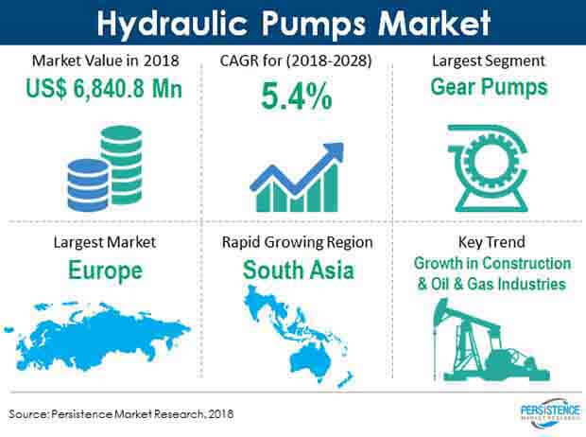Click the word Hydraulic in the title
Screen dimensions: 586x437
(172, 24)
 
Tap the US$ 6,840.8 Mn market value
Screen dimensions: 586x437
(104, 89)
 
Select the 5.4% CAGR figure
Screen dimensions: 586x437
(297, 96)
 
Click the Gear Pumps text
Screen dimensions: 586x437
(489, 87)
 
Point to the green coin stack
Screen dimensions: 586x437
(122, 165)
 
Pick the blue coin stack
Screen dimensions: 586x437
(88, 184)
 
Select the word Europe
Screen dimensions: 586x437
(106, 271)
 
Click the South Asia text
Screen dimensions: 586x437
(299, 271)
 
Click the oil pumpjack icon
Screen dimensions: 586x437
(490, 341)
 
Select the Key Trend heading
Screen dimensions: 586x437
(491, 242)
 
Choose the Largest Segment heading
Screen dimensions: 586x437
(489, 61)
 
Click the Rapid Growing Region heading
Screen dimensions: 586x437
(297, 242)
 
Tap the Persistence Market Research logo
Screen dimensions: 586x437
(550, 413)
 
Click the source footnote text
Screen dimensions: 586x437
(121, 413)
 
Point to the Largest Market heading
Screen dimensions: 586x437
(105, 242)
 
